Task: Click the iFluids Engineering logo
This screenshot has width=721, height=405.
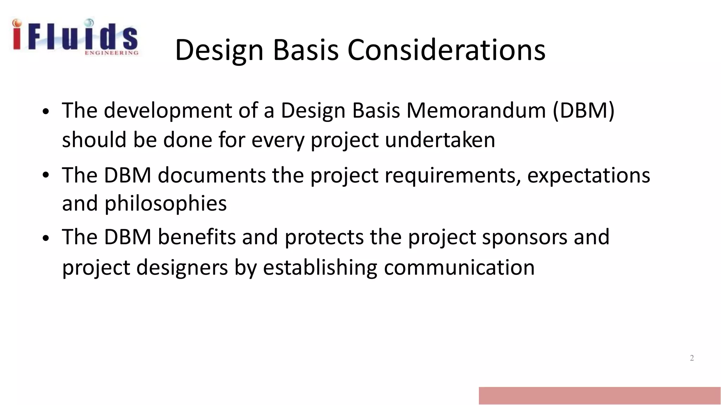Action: (75, 37)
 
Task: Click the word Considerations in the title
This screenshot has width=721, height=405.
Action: (446, 50)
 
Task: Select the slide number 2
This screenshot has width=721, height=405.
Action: (692, 358)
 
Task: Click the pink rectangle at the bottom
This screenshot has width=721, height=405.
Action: (599, 396)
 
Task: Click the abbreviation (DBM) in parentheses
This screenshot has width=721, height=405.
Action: (583, 110)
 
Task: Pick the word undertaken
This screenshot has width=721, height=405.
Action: (440, 140)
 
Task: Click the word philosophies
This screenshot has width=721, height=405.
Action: (165, 204)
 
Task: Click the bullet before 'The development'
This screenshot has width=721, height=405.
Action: (45, 112)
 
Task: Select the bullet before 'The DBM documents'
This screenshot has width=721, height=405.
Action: (45, 175)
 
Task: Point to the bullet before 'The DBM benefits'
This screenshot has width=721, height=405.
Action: (45, 238)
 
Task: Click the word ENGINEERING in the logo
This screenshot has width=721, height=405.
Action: (112, 53)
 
